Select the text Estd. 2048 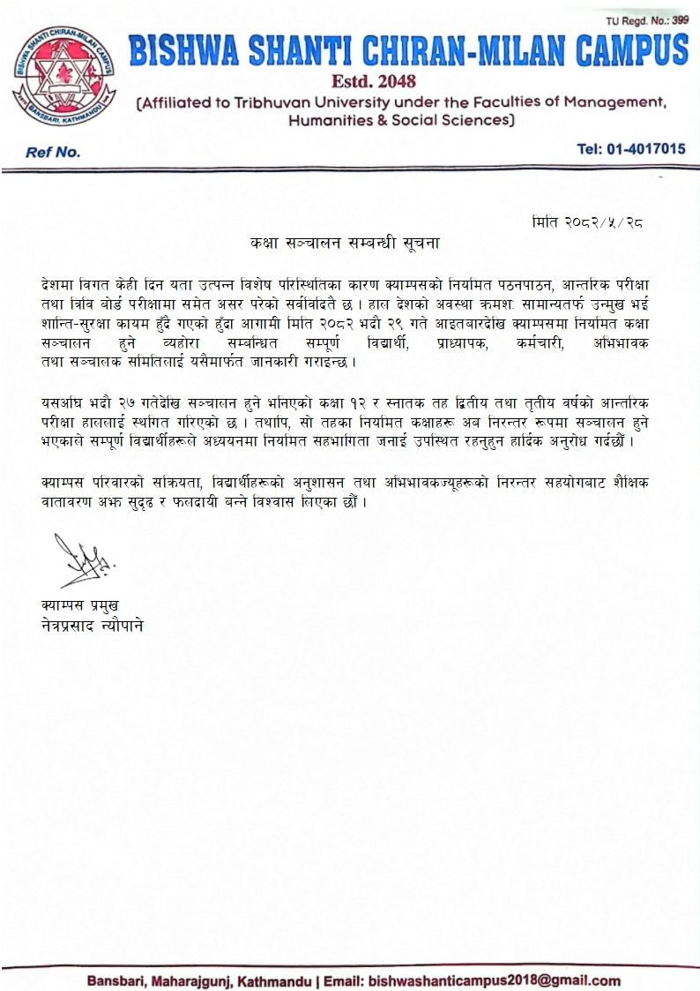pos(366,82)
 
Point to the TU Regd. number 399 pos(680,19)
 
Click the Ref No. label pos(53,152)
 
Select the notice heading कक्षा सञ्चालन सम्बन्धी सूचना pos(344,241)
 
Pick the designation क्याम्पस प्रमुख pos(79,605)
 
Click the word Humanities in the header pos(331,120)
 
